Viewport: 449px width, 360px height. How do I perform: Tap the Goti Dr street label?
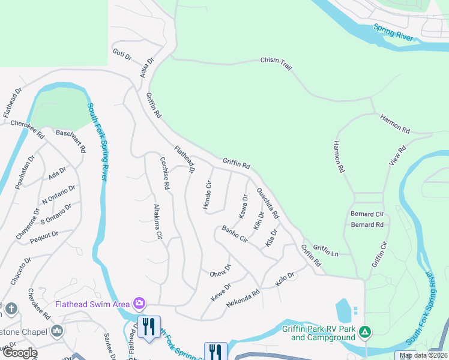pyautogui.click(x=122, y=55)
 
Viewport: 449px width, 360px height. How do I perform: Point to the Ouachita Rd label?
pyautogui.click(x=268, y=203)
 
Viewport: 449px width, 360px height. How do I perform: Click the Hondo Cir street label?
pyautogui.click(x=208, y=195)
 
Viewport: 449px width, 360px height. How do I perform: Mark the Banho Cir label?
pyautogui.click(x=235, y=233)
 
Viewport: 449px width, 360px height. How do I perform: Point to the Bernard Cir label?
pyautogui.click(x=367, y=214)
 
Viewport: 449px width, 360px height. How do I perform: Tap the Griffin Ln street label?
pyautogui.click(x=326, y=250)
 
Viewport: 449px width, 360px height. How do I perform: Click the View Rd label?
pyautogui.click(x=397, y=155)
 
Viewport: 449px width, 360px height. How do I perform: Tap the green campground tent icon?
pyautogui.click(x=364, y=332)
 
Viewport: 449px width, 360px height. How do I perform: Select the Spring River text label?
pyautogui.click(x=393, y=32)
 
